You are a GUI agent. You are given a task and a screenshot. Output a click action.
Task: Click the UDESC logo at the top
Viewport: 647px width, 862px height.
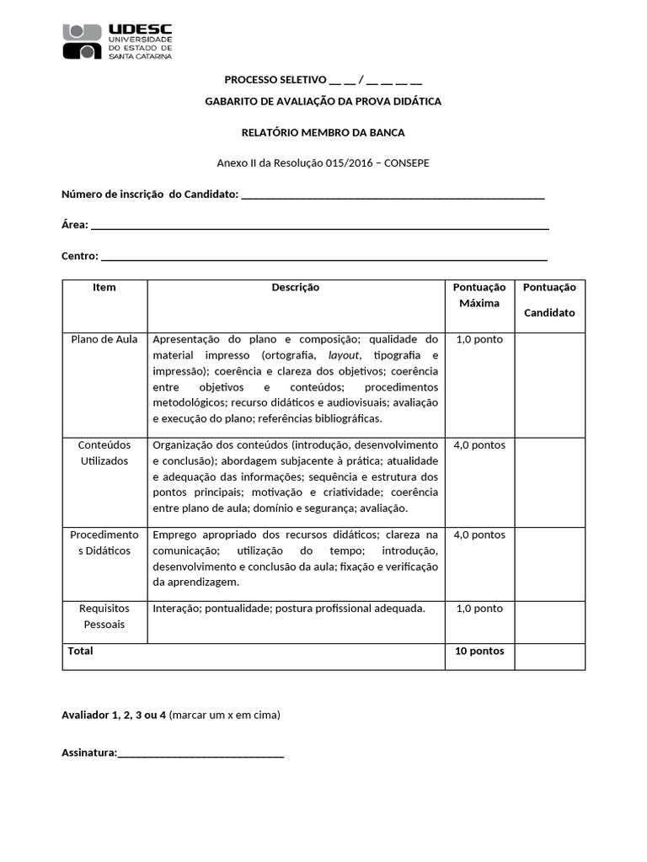click(x=117, y=41)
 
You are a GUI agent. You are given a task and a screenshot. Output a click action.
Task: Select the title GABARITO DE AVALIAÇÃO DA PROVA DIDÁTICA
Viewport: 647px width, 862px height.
click(x=323, y=102)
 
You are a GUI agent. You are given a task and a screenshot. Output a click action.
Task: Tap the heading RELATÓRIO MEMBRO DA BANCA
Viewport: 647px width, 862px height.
click(x=323, y=133)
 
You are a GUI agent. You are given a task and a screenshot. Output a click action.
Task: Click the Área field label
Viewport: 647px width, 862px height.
click(x=74, y=225)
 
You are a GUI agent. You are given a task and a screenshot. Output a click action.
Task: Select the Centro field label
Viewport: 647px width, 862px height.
click(x=79, y=256)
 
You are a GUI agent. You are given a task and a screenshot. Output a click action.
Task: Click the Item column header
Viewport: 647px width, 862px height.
click(x=104, y=288)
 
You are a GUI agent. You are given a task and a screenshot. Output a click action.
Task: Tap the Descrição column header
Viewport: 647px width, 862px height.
click(x=295, y=288)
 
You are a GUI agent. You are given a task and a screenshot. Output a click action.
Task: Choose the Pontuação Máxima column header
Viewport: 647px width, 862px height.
click(x=479, y=295)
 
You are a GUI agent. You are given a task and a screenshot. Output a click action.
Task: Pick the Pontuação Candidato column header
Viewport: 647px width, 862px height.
click(x=549, y=300)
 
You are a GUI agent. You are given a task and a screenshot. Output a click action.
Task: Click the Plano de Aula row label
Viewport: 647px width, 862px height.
click(x=104, y=340)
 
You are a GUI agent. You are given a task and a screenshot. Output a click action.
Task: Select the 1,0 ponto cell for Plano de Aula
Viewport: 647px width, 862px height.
click(x=479, y=340)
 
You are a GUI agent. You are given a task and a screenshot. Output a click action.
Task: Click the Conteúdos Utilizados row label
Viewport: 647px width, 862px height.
click(x=104, y=453)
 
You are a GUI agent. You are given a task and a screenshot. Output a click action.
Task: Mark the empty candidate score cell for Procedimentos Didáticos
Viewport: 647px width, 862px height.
click(x=549, y=564)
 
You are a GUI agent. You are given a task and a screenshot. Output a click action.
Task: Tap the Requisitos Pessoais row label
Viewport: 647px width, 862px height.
click(x=104, y=616)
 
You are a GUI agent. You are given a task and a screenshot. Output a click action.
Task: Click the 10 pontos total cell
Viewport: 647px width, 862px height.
click(x=479, y=652)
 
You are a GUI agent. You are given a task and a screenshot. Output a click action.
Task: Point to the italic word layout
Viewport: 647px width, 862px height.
click(x=343, y=355)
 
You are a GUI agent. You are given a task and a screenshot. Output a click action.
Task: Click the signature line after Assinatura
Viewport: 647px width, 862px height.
click(x=201, y=753)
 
